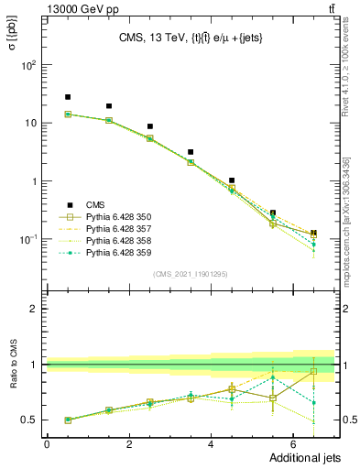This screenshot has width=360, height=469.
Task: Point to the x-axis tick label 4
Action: point(211,444)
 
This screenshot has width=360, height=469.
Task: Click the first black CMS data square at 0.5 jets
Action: point(68,97)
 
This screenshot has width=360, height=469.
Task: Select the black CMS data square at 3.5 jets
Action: point(191,152)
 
